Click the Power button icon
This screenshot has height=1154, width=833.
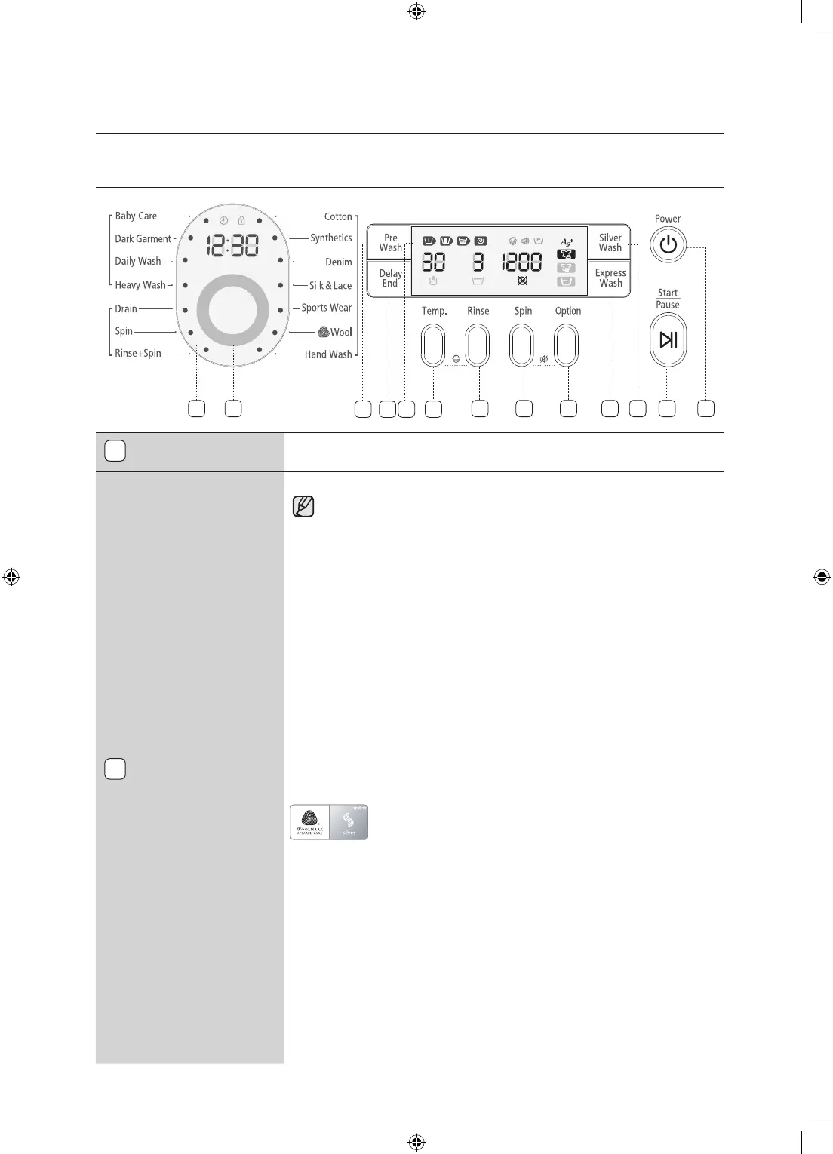(668, 245)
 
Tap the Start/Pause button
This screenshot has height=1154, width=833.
(668, 340)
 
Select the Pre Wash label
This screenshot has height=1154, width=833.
(390, 243)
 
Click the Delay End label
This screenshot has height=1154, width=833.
(390, 278)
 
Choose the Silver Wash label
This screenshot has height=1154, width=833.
(610, 243)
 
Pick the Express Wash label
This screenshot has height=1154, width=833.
(610, 278)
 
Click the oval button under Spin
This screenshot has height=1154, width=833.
(522, 345)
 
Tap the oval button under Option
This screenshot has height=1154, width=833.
(566, 345)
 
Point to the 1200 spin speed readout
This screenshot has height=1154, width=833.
(522, 262)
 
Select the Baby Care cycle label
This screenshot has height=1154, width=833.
(136, 216)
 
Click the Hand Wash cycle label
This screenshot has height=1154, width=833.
(328, 354)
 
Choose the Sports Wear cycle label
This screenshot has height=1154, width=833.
(326, 308)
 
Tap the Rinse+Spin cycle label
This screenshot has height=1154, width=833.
(138, 353)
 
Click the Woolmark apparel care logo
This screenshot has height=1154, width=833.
(310, 822)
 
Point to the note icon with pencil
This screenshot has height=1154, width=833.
(303, 507)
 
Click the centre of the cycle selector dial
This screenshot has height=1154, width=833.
(232, 311)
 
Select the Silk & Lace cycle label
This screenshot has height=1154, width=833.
(330, 286)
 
